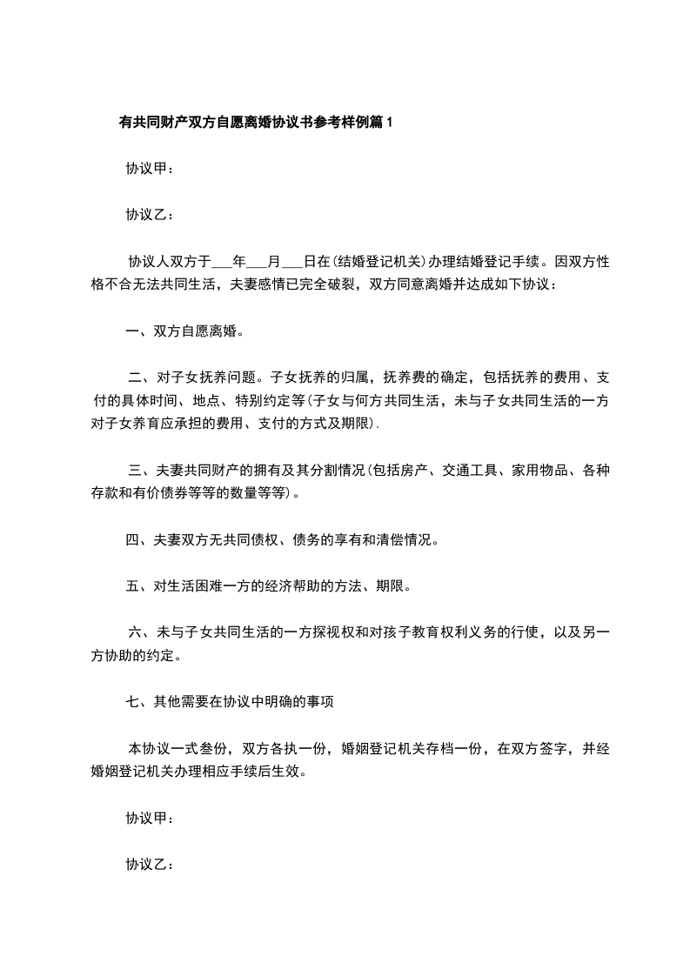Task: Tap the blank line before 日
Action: (293, 260)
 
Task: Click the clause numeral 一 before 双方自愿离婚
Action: (132, 331)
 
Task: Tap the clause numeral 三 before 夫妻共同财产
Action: (135, 471)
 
